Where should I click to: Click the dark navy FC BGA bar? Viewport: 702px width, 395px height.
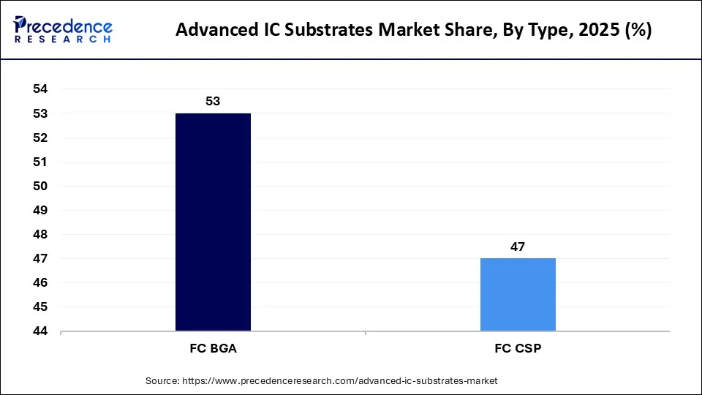(213, 222)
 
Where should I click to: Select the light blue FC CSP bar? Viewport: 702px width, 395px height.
(518, 294)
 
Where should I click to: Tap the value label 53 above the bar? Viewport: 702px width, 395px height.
(213, 101)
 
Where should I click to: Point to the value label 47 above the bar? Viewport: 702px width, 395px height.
(518, 247)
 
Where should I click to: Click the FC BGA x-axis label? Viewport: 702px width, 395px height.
(213, 349)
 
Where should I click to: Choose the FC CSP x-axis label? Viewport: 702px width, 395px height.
(518, 349)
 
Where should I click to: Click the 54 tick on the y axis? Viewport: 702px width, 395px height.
(40, 89)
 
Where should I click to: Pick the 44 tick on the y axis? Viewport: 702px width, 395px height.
(40, 331)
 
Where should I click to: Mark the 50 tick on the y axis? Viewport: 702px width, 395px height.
(40, 186)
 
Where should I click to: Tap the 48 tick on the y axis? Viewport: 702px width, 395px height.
(40, 234)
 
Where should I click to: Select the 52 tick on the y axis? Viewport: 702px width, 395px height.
(40, 138)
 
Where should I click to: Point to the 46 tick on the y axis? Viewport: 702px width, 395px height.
(40, 282)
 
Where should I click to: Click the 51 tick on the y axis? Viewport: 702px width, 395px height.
(40, 162)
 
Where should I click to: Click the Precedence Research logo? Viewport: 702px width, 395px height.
(63, 30)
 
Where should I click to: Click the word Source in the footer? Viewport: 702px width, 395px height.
(162, 381)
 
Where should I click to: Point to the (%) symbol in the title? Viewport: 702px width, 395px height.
(634, 31)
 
